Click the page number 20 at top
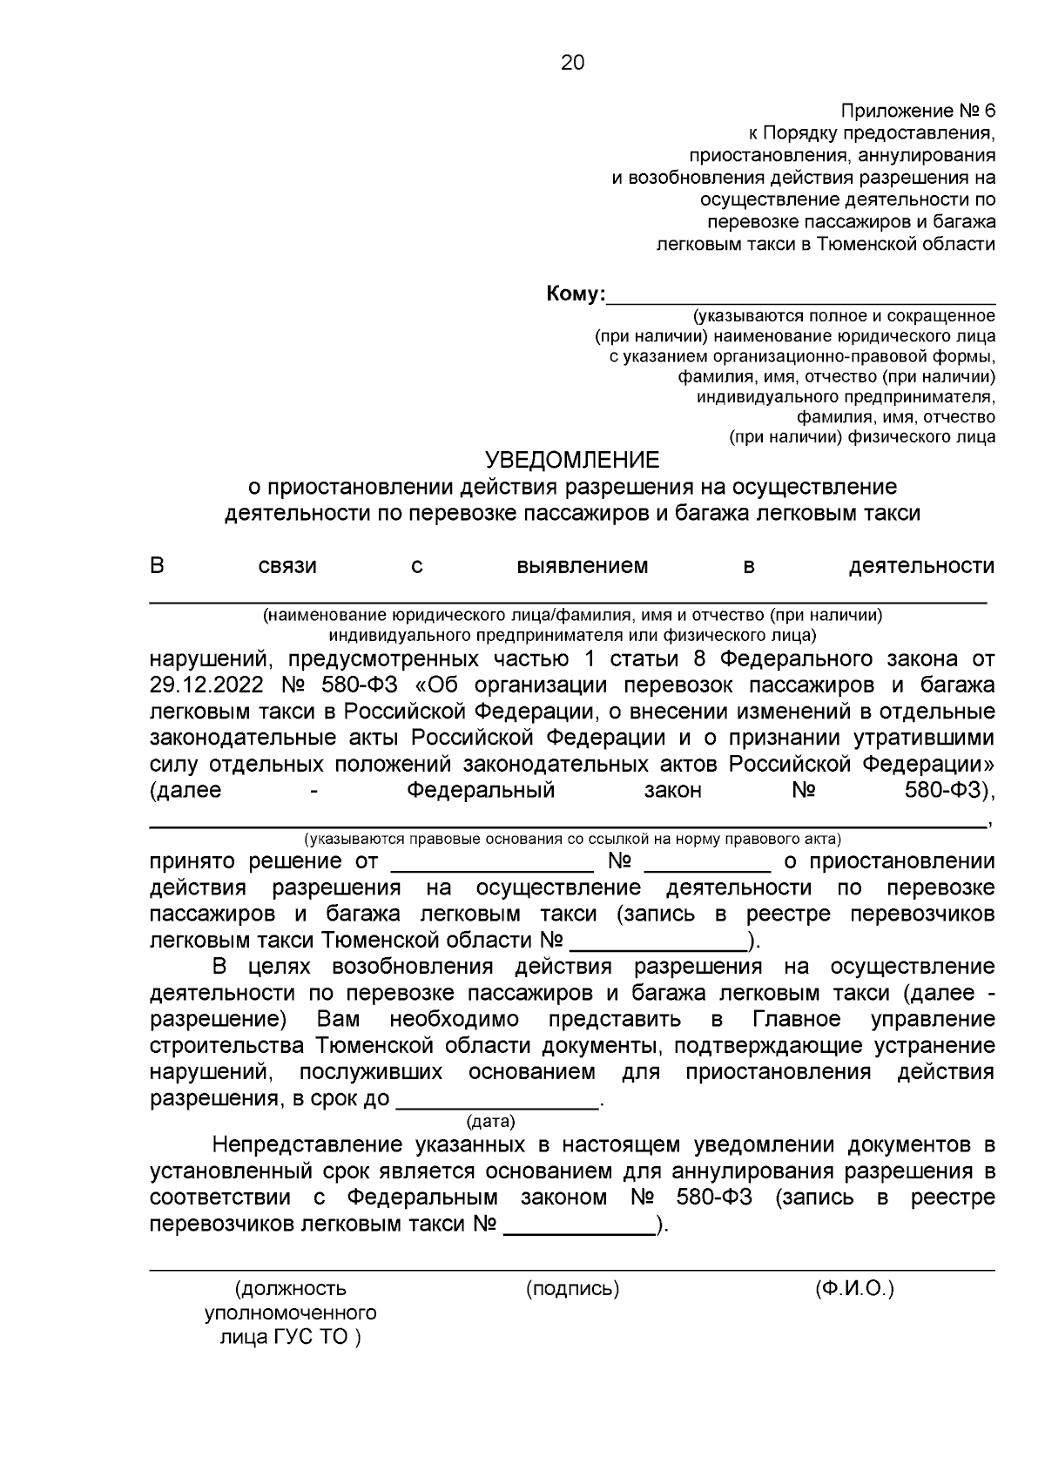pos(572,63)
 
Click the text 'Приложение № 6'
pos(917,111)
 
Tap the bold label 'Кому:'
pos(576,294)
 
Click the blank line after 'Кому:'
pos(801,296)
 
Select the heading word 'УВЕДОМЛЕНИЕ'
pos(572,459)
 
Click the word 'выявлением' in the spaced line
pos(582,567)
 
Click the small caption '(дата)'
pos(491,1121)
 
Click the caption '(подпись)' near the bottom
pos(572,1289)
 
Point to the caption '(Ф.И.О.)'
pos(854,1289)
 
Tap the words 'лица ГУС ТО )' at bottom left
pos(290,1337)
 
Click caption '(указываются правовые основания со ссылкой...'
pos(572,840)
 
